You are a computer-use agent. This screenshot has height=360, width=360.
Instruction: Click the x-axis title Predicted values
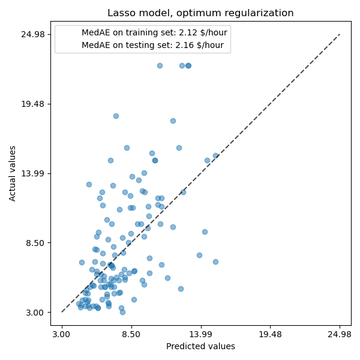coord(200,346)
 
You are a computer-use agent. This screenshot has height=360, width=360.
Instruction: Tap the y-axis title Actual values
coord(13,173)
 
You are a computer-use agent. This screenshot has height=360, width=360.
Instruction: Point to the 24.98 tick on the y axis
coord(33,34)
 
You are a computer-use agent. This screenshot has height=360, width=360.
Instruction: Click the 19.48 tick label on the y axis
coord(33,104)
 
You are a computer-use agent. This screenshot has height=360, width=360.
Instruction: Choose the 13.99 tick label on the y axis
coord(33,173)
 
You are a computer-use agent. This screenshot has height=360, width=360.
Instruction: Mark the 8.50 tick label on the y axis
coord(35,243)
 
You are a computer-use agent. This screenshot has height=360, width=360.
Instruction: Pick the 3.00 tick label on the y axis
coord(35,313)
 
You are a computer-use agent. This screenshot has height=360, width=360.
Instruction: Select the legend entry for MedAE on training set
coord(152,34)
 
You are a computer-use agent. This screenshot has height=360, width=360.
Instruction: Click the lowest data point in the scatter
coord(122,312)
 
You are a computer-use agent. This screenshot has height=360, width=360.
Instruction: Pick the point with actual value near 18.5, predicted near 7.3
coord(116,116)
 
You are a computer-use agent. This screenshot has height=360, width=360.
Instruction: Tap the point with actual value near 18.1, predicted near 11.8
coord(173,121)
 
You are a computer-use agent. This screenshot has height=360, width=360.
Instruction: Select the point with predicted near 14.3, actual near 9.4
coord(205,232)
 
